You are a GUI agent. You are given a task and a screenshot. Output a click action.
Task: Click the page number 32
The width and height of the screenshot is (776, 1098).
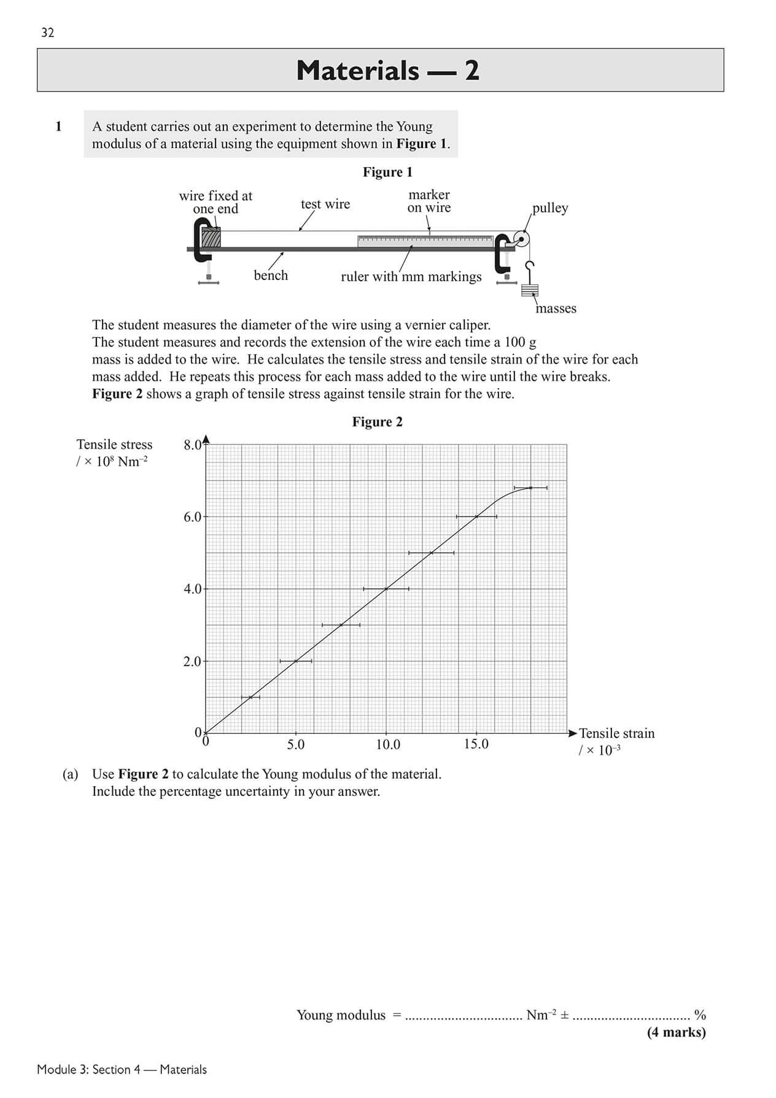click(x=47, y=33)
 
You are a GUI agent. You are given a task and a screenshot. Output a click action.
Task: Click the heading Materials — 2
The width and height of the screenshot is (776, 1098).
click(x=387, y=71)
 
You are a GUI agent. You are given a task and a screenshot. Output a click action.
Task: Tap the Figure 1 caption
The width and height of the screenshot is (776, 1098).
click(x=387, y=172)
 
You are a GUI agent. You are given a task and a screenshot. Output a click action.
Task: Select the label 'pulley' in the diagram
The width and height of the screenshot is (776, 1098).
click(x=550, y=208)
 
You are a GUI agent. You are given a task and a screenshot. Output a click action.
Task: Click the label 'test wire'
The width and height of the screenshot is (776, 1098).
click(x=325, y=204)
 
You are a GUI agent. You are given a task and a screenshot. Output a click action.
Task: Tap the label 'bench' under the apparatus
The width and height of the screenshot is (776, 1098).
click(x=271, y=275)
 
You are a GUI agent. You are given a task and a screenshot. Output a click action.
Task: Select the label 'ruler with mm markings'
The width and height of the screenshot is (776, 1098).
click(x=411, y=276)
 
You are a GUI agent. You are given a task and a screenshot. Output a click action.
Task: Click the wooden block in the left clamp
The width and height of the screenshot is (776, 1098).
click(x=212, y=238)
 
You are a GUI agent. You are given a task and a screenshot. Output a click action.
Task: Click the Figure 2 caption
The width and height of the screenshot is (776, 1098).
click(x=377, y=422)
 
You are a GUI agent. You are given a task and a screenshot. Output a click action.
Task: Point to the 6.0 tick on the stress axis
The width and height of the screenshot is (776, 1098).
click(x=193, y=517)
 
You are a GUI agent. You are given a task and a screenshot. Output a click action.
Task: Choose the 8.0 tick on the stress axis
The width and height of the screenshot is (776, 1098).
click(x=193, y=445)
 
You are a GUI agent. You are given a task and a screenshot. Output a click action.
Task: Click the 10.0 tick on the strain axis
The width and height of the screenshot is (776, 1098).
click(x=387, y=745)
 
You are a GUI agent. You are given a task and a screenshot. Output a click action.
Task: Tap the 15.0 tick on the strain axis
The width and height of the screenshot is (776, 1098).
click(x=476, y=744)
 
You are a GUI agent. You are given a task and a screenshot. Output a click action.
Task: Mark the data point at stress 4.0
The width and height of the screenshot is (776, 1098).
click(x=386, y=589)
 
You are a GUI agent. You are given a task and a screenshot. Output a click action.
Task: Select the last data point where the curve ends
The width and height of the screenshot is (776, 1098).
click(x=531, y=488)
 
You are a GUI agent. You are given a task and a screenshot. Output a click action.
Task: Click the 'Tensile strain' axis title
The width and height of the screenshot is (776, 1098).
click(x=616, y=733)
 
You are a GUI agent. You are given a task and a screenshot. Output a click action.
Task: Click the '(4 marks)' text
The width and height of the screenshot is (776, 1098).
click(x=676, y=1032)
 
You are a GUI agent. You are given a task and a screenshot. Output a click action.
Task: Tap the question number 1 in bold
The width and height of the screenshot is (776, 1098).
click(x=59, y=127)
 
